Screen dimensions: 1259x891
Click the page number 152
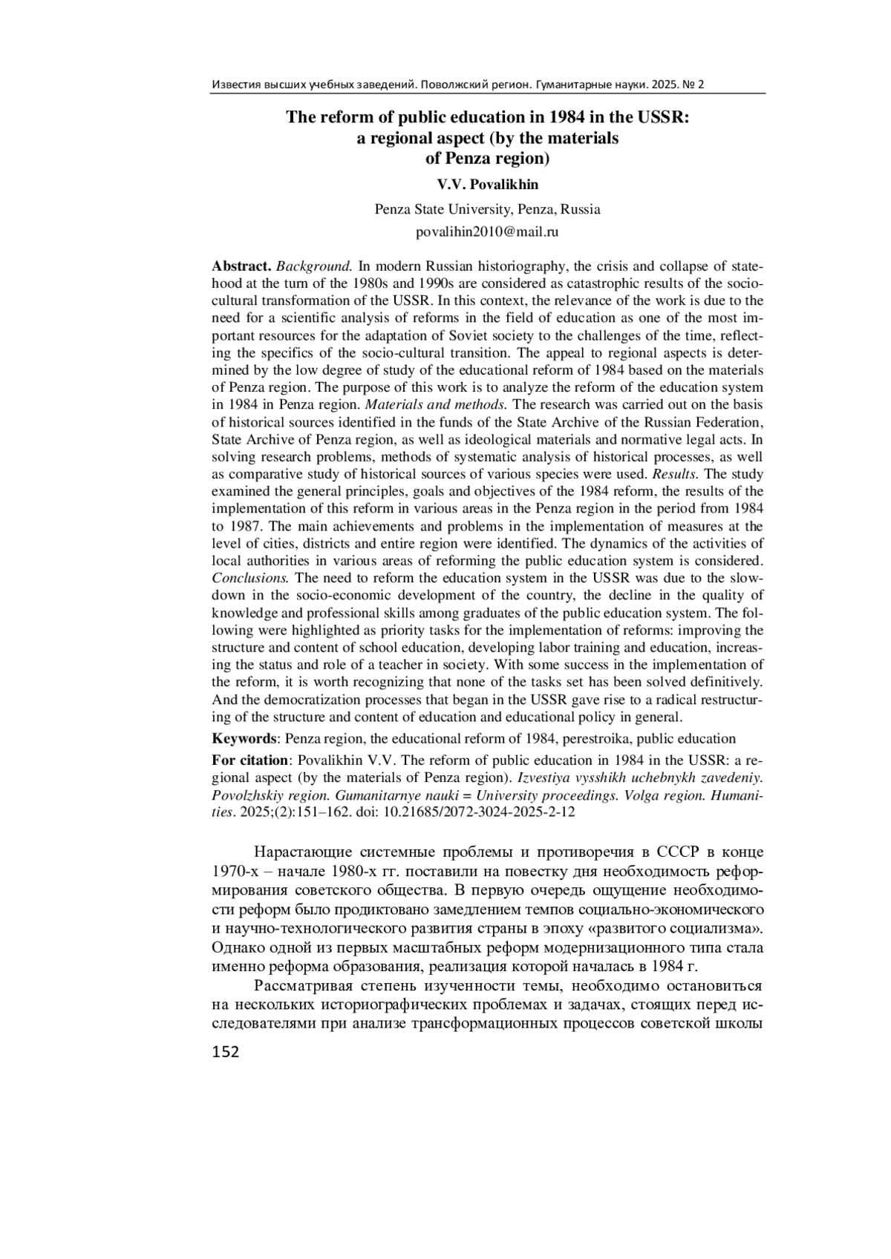pyautogui.click(x=226, y=1051)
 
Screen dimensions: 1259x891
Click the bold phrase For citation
pyautogui.click(x=250, y=760)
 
